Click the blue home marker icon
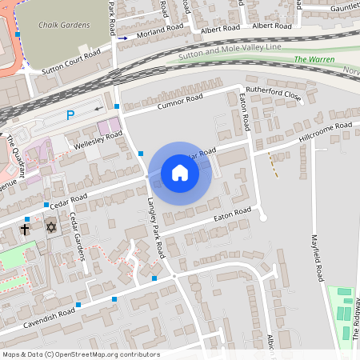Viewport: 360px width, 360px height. point(179,173)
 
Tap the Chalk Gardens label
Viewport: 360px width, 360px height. point(64,25)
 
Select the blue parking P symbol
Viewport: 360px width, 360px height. point(70,115)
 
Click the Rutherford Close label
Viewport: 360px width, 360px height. point(274,94)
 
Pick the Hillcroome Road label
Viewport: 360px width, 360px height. point(325,130)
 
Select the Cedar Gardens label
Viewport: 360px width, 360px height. point(77,236)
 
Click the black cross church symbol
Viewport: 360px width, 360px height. point(24,229)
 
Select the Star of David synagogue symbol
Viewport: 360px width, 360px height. point(52,228)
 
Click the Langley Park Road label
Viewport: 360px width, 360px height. point(155,228)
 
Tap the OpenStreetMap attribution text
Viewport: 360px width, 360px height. point(81,354)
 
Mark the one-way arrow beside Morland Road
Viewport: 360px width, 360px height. point(123,38)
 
